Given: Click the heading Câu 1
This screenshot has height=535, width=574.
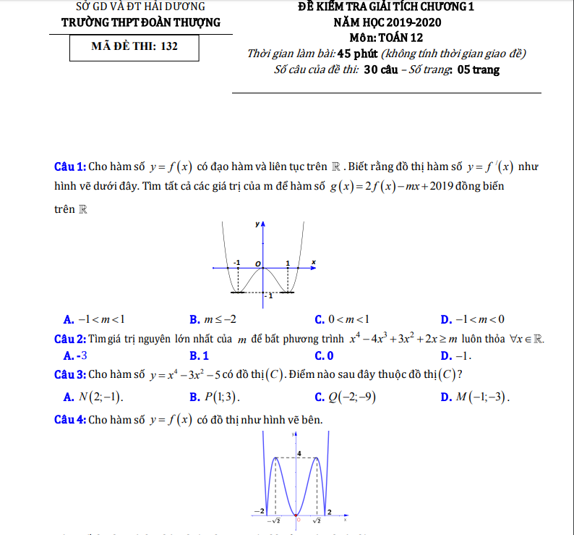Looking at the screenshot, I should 71,166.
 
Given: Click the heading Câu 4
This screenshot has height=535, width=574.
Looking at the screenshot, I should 71,420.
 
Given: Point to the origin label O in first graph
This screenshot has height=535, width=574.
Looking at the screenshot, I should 257,262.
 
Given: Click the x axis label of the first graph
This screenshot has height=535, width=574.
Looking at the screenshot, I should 314,261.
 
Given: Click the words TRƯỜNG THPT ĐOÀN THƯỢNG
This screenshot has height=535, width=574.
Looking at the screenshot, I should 141,22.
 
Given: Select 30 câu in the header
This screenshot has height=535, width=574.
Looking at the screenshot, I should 381,70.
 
